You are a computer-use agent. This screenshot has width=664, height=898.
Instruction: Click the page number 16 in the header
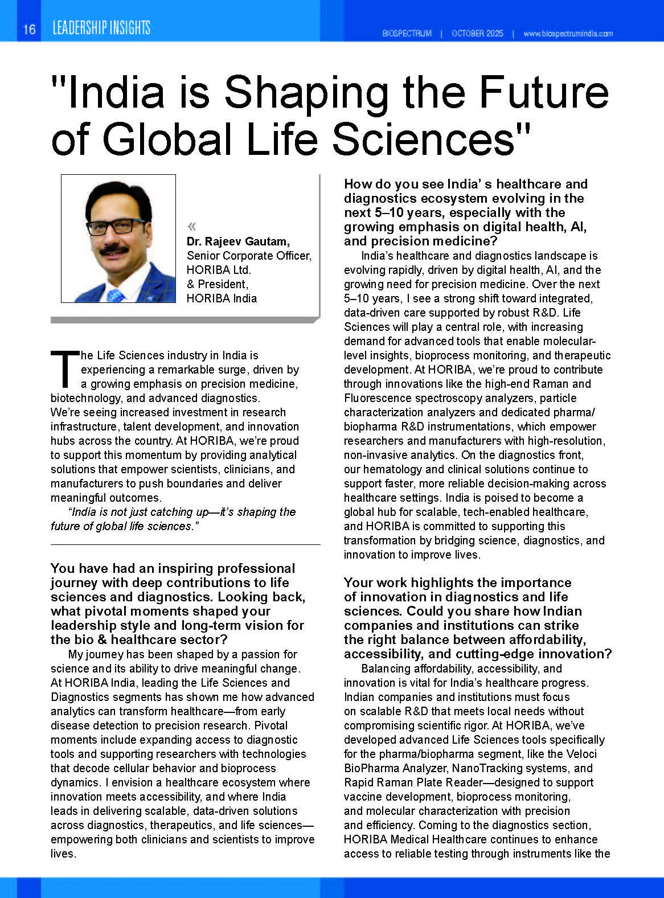coord(29,29)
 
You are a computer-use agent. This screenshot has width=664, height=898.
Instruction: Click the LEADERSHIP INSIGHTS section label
coord(101,28)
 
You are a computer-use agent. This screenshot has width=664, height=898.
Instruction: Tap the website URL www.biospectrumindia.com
coord(568,34)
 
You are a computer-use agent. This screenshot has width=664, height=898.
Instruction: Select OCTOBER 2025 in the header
coord(477,34)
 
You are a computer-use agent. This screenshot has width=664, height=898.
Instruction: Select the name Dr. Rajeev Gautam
coord(238,241)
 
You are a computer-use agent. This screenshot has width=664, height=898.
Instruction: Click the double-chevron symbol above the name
coord(192,226)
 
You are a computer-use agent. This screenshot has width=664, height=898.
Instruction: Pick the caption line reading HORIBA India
coord(222,298)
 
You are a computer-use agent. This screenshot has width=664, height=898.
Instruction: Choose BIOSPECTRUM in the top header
coord(407,34)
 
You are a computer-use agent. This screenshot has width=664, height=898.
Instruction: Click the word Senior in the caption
coord(203,256)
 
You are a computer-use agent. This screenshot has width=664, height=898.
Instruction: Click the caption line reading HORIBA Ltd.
coord(219,270)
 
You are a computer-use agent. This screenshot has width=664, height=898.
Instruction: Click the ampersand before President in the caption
coord(191,284)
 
